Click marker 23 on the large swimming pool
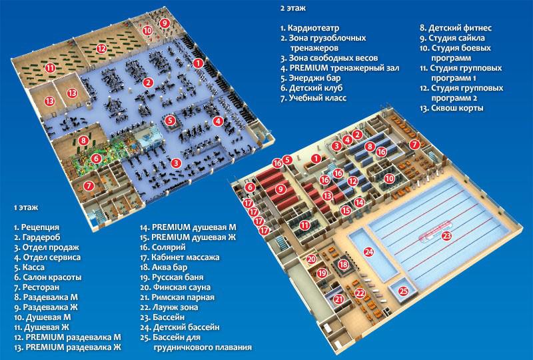click(446, 235)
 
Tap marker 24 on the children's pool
click(368, 252)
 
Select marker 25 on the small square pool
click(403, 291)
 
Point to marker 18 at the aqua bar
click(344, 264)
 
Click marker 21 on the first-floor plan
click(338, 299)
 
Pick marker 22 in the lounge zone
click(360, 293)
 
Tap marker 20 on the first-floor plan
click(311, 259)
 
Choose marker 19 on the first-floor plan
click(322, 273)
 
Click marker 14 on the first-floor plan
click(359, 203)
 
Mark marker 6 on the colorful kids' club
click(96, 158)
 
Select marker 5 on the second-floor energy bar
click(171, 120)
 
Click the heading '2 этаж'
click(293, 8)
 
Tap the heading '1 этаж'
click(26, 207)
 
